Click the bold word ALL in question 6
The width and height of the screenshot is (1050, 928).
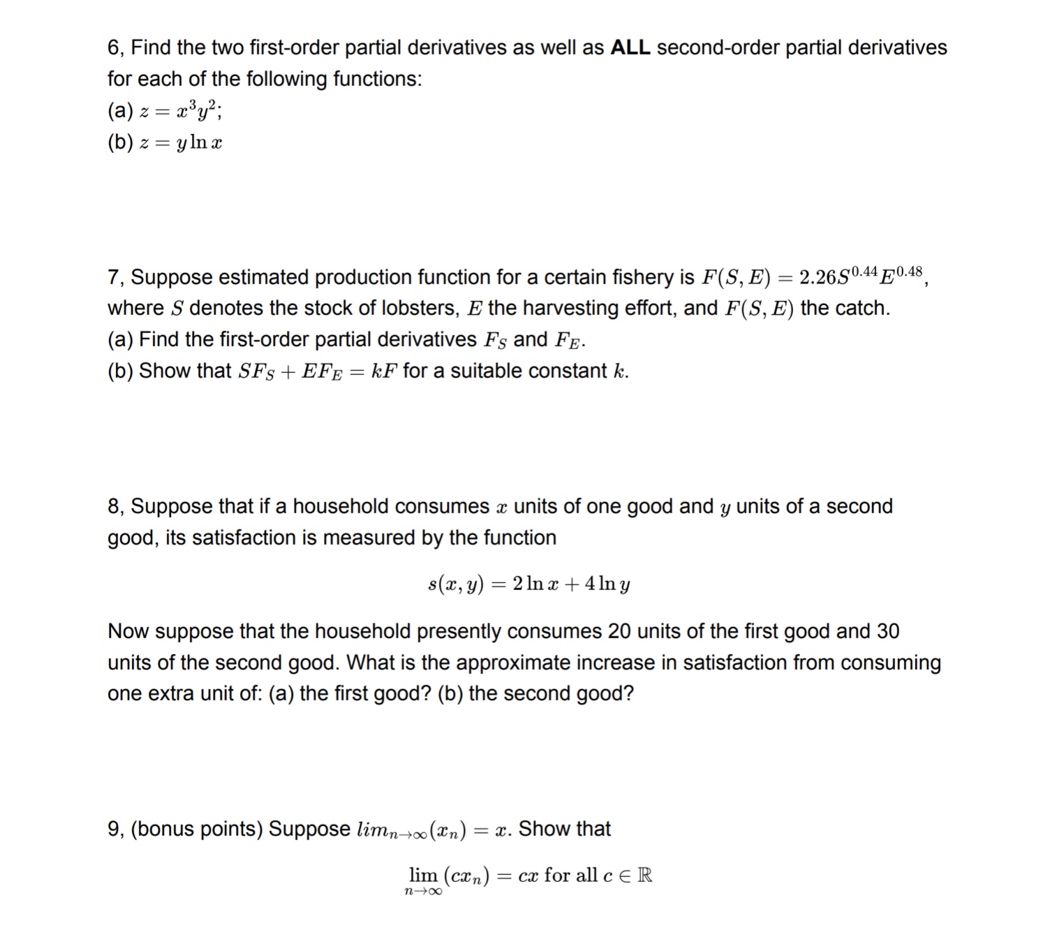point(630,47)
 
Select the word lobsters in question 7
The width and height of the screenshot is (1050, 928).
point(415,308)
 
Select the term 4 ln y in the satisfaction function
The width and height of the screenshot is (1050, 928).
point(607,584)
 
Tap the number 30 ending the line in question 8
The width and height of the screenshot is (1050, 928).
point(887,631)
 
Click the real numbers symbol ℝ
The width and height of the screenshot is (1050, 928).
point(645,875)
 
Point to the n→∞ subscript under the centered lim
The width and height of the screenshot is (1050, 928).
point(423,891)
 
